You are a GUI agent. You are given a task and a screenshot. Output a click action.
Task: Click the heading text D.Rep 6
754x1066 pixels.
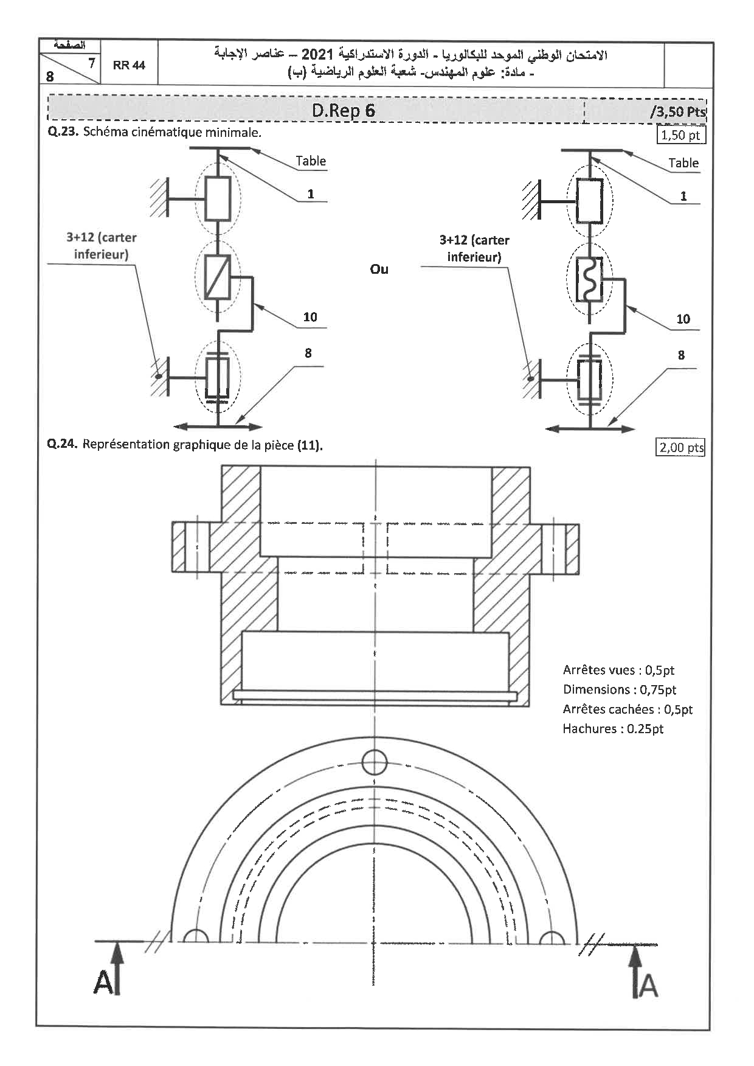point(344,111)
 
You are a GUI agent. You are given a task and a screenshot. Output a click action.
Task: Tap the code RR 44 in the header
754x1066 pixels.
point(129,65)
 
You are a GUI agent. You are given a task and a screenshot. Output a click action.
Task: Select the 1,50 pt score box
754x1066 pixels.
point(681,134)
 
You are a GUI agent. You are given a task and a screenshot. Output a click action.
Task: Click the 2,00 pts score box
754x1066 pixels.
point(681,448)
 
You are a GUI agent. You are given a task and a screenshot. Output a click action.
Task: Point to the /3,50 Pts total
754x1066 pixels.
point(677,112)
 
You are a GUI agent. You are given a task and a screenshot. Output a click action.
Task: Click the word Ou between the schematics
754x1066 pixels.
point(379,269)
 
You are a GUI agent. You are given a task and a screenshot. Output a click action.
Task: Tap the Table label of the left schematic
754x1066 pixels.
point(311,161)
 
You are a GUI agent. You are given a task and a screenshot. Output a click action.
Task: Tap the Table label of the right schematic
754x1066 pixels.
point(683,162)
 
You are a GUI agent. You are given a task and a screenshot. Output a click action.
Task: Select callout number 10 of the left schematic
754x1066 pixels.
point(310,316)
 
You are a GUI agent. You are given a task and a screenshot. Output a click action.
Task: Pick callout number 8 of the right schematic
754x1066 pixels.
point(681,355)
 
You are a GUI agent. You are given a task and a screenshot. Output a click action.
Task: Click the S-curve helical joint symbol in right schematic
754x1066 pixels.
point(589,279)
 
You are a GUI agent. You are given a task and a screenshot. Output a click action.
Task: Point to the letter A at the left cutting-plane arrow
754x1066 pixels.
point(103,983)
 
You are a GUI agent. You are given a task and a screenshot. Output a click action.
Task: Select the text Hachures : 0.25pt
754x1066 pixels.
point(613,728)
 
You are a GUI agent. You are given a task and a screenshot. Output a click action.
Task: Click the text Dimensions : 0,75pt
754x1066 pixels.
point(619,689)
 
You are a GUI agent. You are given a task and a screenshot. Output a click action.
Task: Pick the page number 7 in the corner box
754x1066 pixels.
point(91,62)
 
